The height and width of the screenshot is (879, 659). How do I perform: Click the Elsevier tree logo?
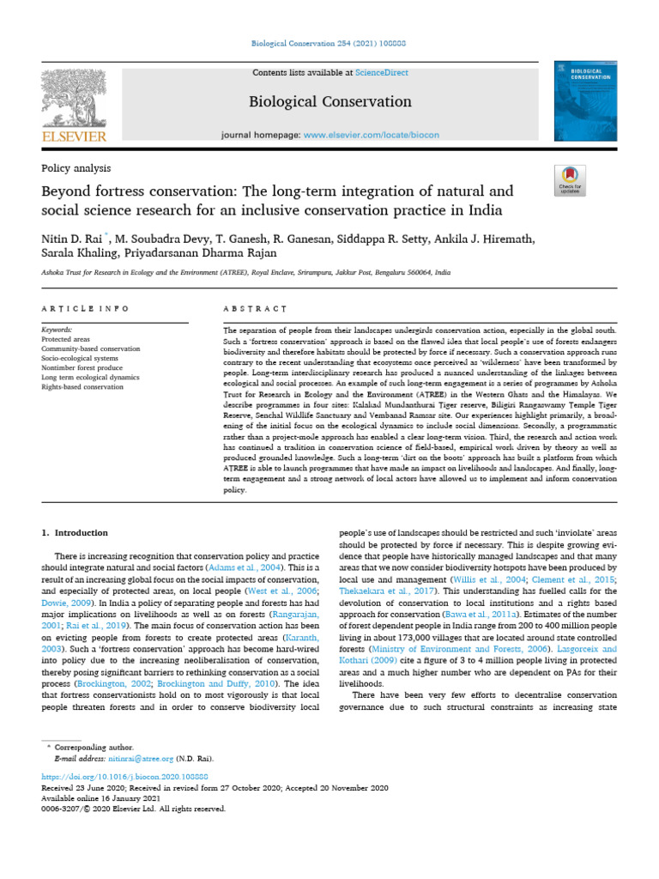tap(75, 100)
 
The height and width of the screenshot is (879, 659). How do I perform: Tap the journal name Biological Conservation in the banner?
tap(329, 102)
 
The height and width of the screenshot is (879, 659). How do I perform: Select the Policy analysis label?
tap(76, 169)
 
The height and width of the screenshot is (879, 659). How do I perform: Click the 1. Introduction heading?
tap(76, 533)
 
